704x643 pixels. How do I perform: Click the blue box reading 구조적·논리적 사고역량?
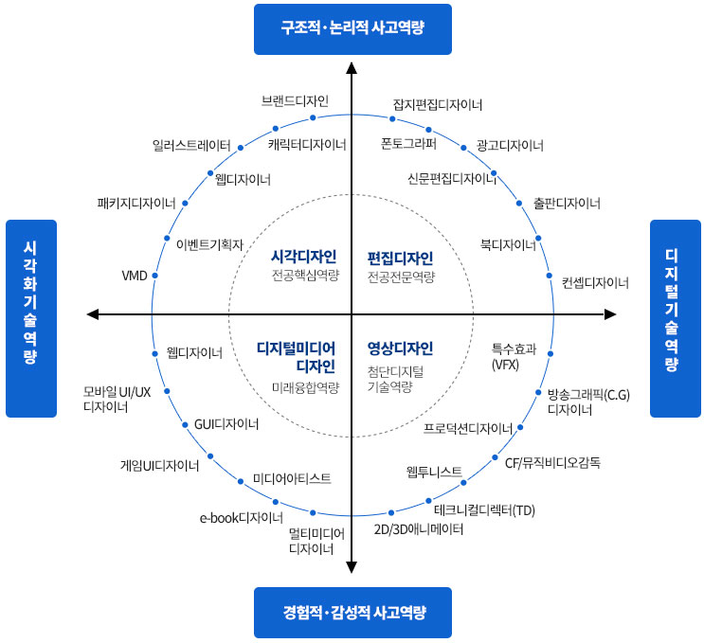[x=352, y=28]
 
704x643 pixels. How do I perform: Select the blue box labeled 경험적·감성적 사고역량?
[x=352, y=613]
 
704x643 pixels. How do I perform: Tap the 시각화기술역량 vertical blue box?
[x=31, y=318]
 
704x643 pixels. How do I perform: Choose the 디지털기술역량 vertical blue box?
[x=673, y=318]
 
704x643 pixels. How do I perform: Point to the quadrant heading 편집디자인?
[x=400, y=257]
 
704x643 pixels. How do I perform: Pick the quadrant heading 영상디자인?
[x=400, y=348]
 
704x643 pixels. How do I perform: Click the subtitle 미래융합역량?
[x=303, y=386]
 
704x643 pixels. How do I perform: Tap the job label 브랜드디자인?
[x=295, y=100]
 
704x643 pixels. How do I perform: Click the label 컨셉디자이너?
[x=595, y=282]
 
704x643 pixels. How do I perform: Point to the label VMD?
[x=135, y=276]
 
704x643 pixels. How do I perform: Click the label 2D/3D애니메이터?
[x=419, y=529]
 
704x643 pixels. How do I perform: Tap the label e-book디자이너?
[x=241, y=517]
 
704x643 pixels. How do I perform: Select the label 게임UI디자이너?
[x=159, y=466]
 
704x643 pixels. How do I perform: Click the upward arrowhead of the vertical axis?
[x=352, y=67]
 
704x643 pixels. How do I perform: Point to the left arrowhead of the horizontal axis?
[x=92, y=313]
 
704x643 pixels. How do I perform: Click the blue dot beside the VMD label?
[x=154, y=276]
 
